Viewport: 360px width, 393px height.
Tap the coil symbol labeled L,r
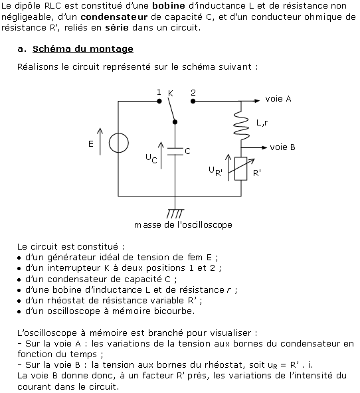pos(241,125)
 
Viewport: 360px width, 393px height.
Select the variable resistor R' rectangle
pos(240,169)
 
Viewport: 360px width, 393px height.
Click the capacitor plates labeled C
pos(175,151)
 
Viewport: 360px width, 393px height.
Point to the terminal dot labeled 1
pos(159,102)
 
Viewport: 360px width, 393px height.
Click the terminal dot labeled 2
pos(193,102)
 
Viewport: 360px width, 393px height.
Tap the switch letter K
pos(171,94)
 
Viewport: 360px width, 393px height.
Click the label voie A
pos(278,99)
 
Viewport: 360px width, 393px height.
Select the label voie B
pos(282,147)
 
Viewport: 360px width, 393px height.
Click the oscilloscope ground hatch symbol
pos(175,214)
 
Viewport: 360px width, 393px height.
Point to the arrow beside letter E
pos(100,141)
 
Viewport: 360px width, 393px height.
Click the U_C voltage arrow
pos(161,155)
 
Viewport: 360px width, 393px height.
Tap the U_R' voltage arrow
pos(228,167)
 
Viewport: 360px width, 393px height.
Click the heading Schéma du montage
pos(83,48)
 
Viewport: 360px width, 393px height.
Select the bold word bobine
pos(169,6)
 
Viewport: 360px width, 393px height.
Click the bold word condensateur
pos(114,17)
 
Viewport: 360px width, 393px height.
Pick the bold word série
pos(117,27)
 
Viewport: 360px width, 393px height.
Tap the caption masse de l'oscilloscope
pos(183,225)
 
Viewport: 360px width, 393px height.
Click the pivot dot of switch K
pos(175,122)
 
